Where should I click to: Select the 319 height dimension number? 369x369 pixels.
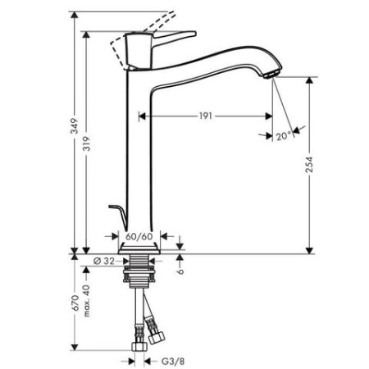pos(89,144)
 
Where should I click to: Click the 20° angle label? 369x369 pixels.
pos(283,134)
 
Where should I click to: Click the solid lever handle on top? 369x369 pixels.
pos(172,37)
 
